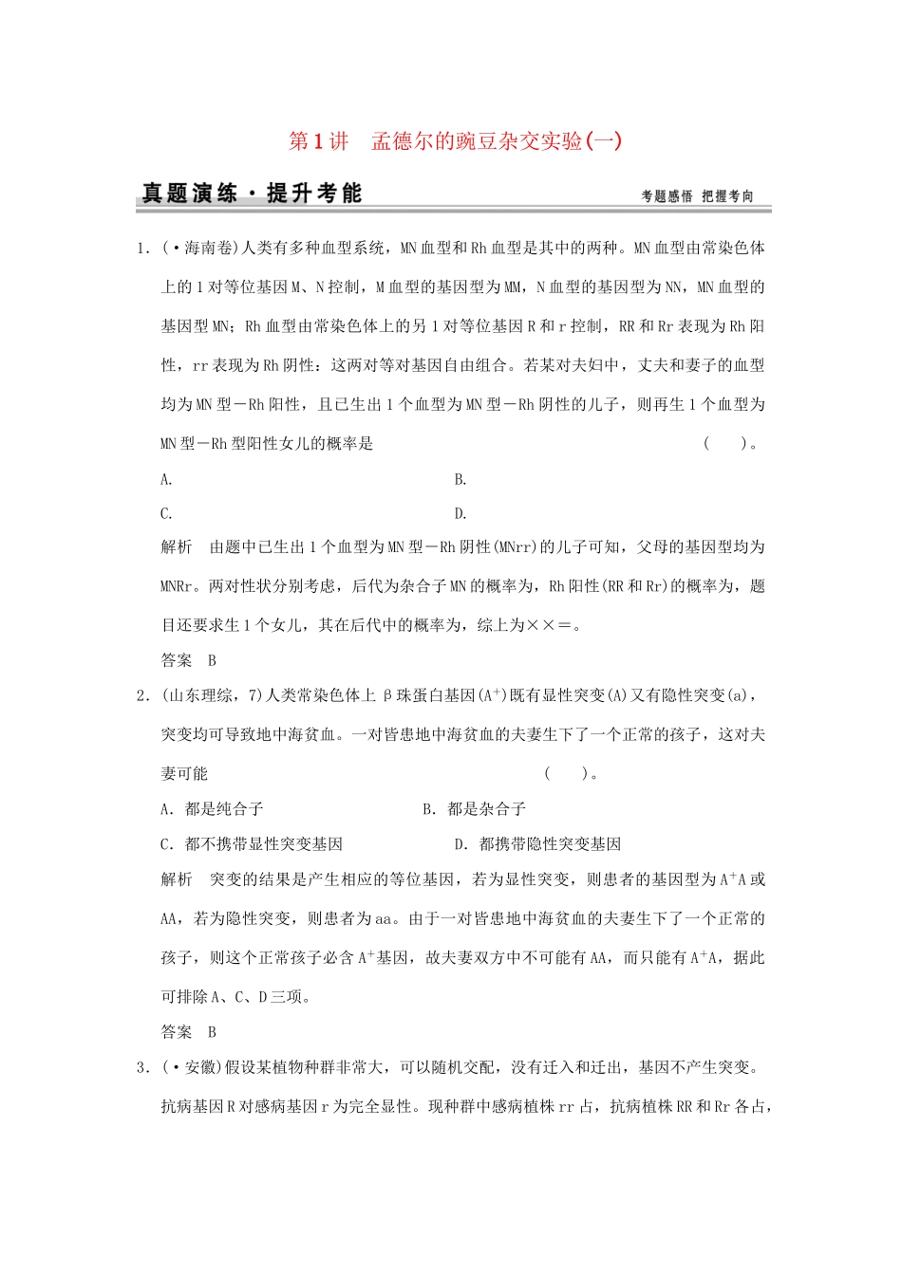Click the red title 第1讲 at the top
[318, 142]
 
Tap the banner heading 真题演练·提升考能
[251, 194]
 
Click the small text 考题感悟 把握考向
[697, 196]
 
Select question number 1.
[142, 249]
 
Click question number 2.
[142, 696]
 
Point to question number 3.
[142, 1068]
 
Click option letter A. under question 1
[166, 480]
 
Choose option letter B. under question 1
[460, 480]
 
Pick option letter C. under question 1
[166, 514]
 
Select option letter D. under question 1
[460, 514]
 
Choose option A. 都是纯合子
[212, 809]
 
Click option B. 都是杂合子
[474, 809]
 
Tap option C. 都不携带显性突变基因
[252, 844]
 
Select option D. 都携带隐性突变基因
[537, 844]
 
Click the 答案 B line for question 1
[189, 661]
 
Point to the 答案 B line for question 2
[189, 1032]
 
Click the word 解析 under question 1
[177, 547]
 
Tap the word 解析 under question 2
[177, 880]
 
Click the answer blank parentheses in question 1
[725, 443]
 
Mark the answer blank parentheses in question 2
[566, 774]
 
